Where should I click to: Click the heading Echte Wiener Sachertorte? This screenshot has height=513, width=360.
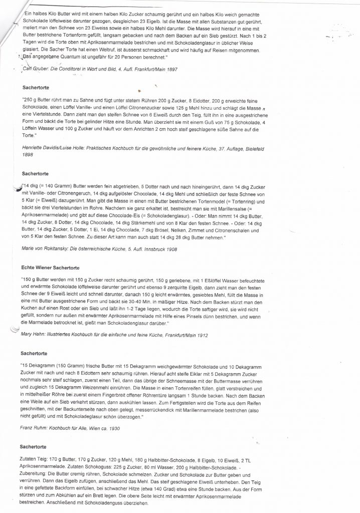click(51, 267)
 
